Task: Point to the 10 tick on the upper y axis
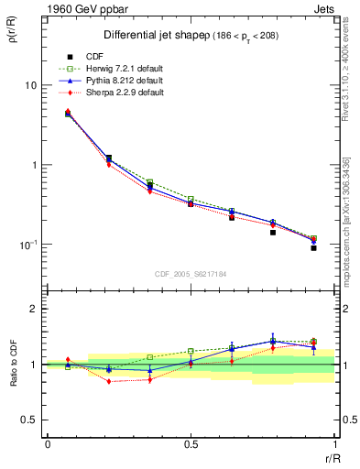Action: click(x=29, y=85)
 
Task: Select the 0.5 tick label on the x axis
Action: click(x=191, y=443)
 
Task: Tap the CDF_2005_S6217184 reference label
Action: click(x=191, y=273)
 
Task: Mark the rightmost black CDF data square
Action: click(x=313, y=248)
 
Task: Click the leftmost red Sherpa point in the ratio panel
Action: click(x=68, y=360)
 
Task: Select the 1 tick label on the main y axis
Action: click(x=33, y=165)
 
